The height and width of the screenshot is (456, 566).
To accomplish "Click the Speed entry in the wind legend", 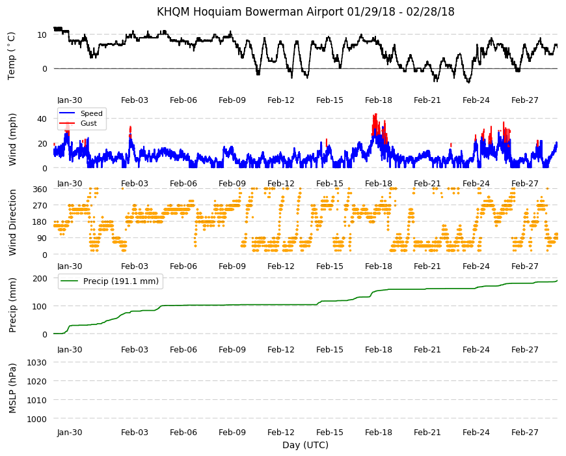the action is click(x=91, y=113).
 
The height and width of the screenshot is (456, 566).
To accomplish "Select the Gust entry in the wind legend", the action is click(x=88, y=123).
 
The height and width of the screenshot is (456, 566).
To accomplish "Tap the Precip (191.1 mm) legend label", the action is click(x=121, y=281).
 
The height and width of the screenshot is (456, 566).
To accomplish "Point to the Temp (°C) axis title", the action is click(x=12, y=56).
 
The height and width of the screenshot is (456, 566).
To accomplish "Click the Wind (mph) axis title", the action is click(x=12, y=139).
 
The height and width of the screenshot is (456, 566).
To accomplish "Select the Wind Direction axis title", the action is click(x=12, y=223).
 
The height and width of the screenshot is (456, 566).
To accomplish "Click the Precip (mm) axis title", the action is click(x=12, y=306).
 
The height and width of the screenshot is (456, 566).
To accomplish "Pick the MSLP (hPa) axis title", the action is click(x=12, y=388).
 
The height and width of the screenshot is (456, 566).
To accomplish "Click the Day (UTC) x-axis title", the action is click(x=305, y=445).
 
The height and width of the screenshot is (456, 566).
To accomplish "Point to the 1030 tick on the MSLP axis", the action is click(x=37, y=362).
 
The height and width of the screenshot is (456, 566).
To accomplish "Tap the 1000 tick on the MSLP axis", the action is click(x=37, y=419).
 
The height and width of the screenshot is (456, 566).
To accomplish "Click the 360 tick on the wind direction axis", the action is click(x=40, y=190).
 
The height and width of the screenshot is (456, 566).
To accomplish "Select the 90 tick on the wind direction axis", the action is click(x=42, y=238).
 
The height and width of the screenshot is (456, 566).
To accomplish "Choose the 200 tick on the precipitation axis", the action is click(x=40, y=278).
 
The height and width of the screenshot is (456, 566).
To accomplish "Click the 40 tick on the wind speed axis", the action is click(x=42, y=119).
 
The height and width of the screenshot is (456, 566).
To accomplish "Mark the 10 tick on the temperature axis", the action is click(x=42, y=35).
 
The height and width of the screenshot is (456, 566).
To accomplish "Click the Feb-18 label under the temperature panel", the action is click(x=378, y=100).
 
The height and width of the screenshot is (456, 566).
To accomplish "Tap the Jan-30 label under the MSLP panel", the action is click(x=70, y=432).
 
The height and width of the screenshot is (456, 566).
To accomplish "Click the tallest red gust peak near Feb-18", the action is click(x=376, y=115).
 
